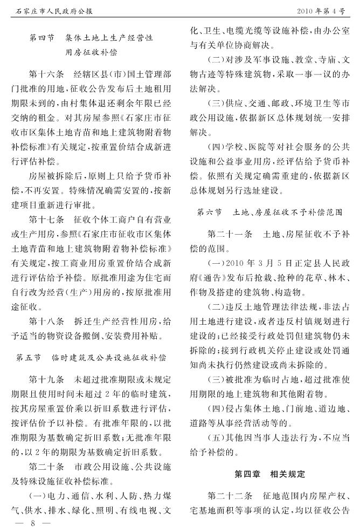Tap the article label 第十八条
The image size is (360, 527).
pyautogui.click(x=47, y=322)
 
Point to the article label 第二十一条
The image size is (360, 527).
pyautogui.click(x=229, y=236)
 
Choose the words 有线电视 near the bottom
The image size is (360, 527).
pyautogui.click(x=143, y=510)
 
